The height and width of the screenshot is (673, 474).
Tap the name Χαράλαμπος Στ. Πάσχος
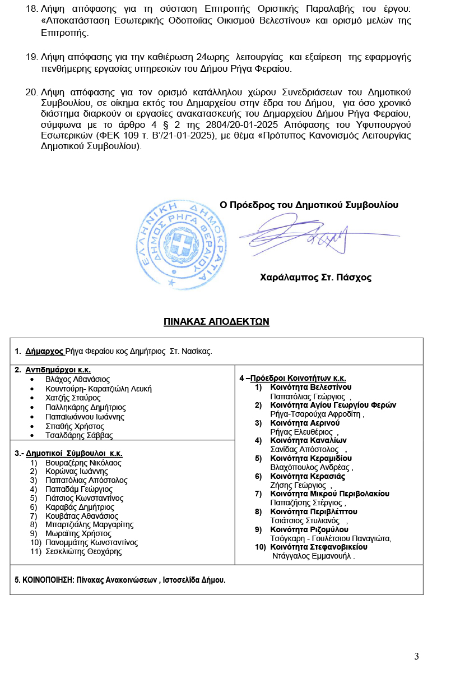coord(315,277)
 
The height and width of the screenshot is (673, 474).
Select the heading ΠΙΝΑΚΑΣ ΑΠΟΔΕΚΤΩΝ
coord(216,321)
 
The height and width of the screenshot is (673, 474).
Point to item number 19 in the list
coord(31,57)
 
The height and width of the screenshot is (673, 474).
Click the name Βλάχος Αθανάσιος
coord(77,379)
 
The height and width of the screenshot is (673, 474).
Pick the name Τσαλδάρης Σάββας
coord(79,435)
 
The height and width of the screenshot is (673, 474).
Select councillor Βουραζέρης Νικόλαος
coord(83,463)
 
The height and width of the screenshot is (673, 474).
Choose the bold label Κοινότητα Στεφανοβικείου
coord(318,547)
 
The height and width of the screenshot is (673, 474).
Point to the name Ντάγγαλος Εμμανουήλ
coord(313,556)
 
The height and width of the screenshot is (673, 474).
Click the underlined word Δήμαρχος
coord(44,352)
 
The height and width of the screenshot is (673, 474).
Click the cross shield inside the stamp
coord(182,245)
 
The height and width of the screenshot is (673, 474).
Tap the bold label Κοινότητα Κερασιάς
coord(307,476)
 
